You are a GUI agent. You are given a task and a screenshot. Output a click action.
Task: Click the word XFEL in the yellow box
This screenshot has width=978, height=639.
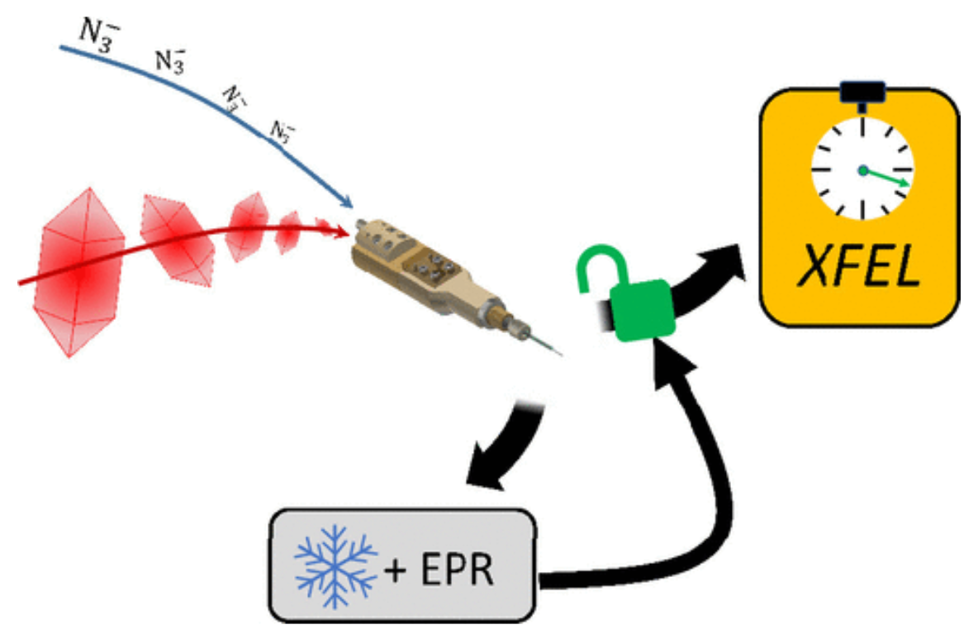pyautogui.click(x=859, y=269)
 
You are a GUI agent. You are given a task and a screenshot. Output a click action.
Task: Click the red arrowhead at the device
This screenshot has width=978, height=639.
pyautogui.click(x=340, y=233)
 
